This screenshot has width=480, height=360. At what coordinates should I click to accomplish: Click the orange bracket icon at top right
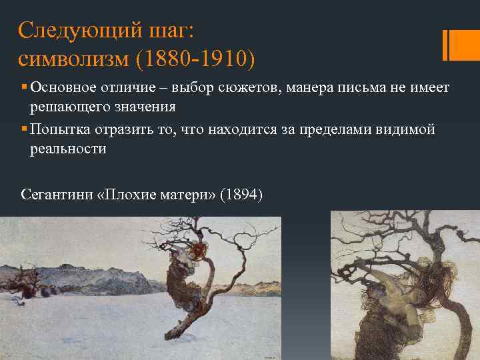coord(452,45)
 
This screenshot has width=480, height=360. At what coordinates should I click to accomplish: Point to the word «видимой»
coord(407,129)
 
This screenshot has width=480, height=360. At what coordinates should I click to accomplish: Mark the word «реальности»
coord(67,148)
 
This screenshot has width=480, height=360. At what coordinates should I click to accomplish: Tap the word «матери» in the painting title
coord(183,195)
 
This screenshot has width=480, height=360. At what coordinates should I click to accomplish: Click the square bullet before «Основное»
coord(23,88)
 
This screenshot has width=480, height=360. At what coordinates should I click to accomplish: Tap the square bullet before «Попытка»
coord(23,129)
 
